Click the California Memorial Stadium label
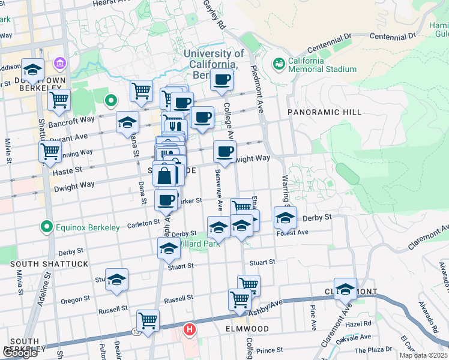pyautogui.click(x=322, y=65)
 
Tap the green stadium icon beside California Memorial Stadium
pyautogui.click(x=279, y=63)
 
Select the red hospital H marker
pyautogui.click(x=190, y=329)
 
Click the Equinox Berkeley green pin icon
pyautogui.click(x=46, y=227)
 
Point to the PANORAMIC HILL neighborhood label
pyautogui.click(x=324, y=112)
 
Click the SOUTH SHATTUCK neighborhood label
pyautogui.click(x=49, y=264)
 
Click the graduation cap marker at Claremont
pyautogui.click(x=345, y=289)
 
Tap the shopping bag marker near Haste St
pyautogui.click(x=164, y=175)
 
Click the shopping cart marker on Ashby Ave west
pyautogui.click(x=148, y=320)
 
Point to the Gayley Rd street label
pyautogui.click(x=214, y=15)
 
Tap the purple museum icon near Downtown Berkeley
pyautogui.click(x=59, y=63)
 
